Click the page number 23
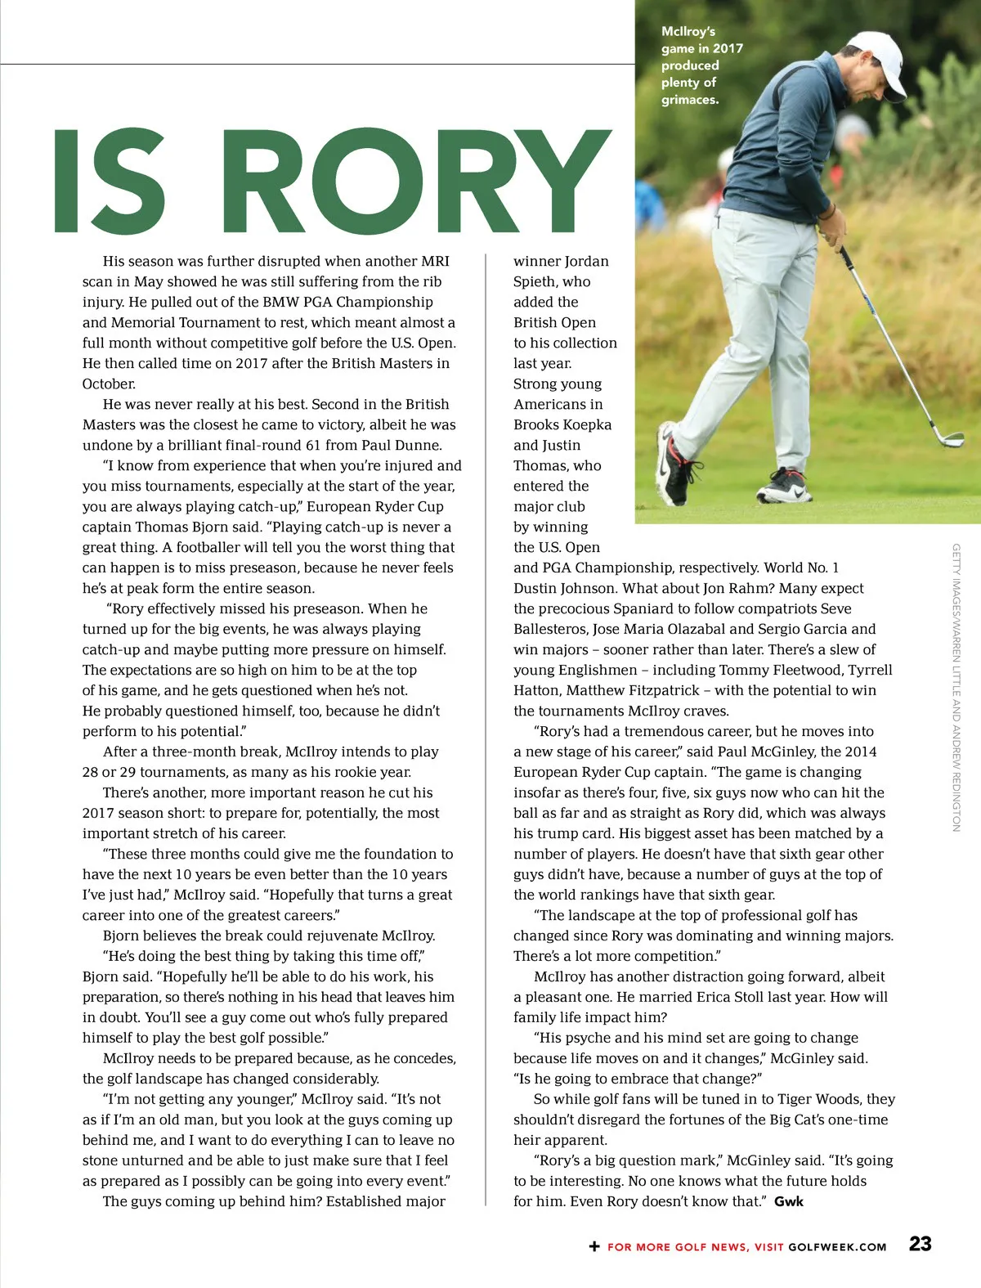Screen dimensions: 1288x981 (920, 1244)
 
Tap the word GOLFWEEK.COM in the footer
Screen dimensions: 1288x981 (837, 1247)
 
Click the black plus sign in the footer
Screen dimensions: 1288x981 (594, 1246)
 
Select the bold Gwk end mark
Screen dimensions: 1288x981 (789, 1201)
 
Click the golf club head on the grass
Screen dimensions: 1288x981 (951, 440)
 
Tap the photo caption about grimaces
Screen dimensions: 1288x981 (701, 65)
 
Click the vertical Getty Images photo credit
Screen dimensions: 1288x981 (956, 687)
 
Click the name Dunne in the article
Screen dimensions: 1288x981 (421, 445)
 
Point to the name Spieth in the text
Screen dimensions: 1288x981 (535, 281)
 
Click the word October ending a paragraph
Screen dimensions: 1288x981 (108, 384)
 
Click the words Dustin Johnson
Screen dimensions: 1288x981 (564, 588)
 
